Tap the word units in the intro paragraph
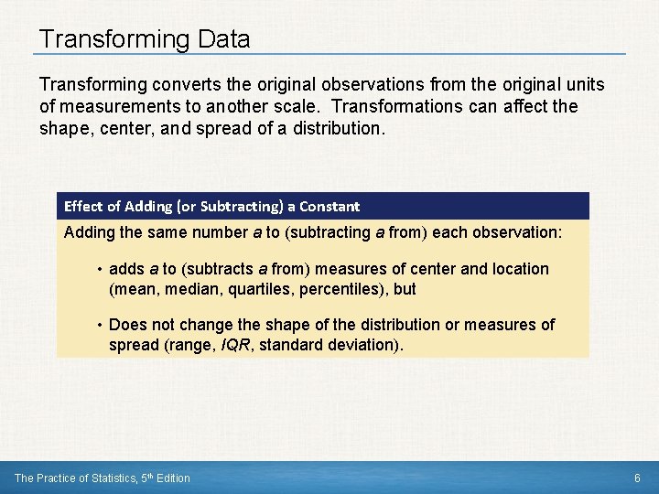584,84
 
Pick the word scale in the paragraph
326,106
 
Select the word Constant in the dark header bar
329,206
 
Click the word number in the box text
220,232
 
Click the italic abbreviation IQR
236,346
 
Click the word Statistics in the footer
116,478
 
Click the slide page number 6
637,478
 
